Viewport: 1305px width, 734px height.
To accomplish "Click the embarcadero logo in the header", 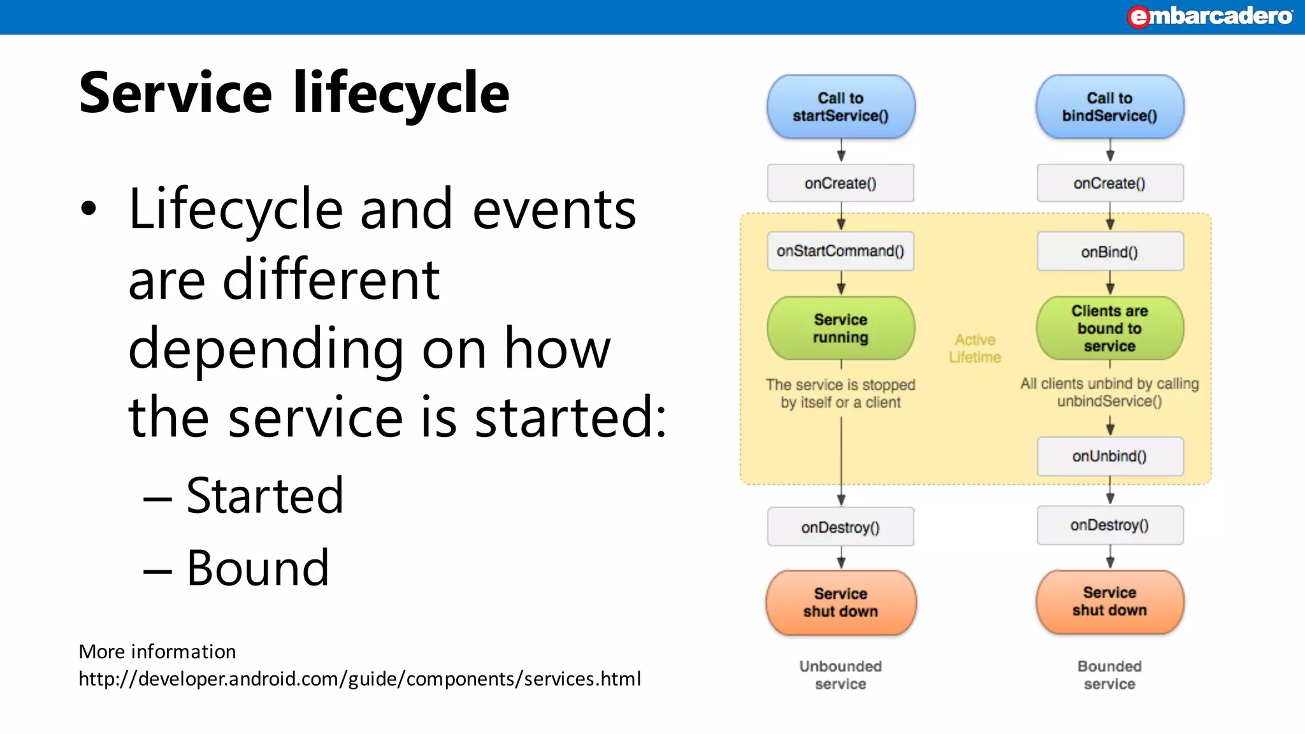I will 1209,16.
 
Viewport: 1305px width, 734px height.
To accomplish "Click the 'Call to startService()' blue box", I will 840,107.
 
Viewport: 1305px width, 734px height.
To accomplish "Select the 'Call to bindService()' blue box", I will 1109,107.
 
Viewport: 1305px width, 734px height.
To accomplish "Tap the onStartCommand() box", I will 840,251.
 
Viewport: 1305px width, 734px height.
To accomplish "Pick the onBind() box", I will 1109,252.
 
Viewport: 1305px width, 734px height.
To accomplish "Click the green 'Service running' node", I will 840,328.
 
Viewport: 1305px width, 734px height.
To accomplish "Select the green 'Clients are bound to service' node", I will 1109,328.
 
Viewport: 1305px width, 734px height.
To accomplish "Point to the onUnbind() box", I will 1109,456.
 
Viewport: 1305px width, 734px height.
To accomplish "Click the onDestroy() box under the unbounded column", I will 840,527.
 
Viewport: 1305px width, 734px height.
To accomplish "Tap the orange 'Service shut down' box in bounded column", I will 1109,601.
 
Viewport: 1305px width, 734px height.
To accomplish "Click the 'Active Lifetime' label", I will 975,349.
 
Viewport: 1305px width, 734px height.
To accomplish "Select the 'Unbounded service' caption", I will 840,675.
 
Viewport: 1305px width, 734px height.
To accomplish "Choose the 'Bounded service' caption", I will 1109,675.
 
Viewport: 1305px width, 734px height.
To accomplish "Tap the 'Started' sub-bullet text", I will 264,496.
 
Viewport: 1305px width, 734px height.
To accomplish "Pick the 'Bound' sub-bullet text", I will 257,568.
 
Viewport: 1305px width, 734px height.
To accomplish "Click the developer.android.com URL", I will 359,679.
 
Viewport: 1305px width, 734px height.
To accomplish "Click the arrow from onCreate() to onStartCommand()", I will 841,216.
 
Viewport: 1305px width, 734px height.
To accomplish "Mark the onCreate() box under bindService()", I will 1109,183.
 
